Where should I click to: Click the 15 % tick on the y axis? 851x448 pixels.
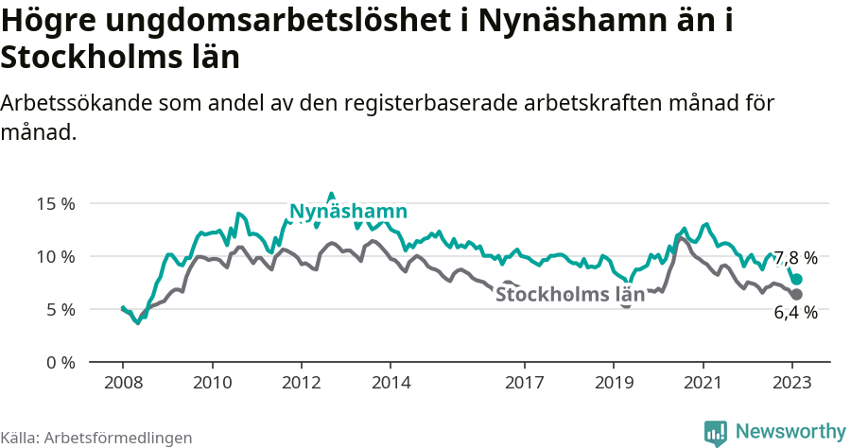tap(56, 203)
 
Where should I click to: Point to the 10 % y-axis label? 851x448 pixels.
tap(56, 256)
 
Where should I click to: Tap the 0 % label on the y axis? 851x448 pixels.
tap(61, 362)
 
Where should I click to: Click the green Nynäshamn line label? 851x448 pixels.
tap(348, 212)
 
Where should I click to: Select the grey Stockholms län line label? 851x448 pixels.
tap(570, 294)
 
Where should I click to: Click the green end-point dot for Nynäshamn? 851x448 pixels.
tap(797, 280)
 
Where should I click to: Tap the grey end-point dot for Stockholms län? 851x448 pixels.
tap(797, 295)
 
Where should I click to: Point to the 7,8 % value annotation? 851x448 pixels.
tap(795, 258)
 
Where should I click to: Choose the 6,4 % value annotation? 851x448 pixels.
tap(795, 314)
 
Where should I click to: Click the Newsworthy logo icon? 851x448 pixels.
tap(716, 432)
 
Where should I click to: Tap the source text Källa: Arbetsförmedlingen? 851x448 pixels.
tap(96, 438)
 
